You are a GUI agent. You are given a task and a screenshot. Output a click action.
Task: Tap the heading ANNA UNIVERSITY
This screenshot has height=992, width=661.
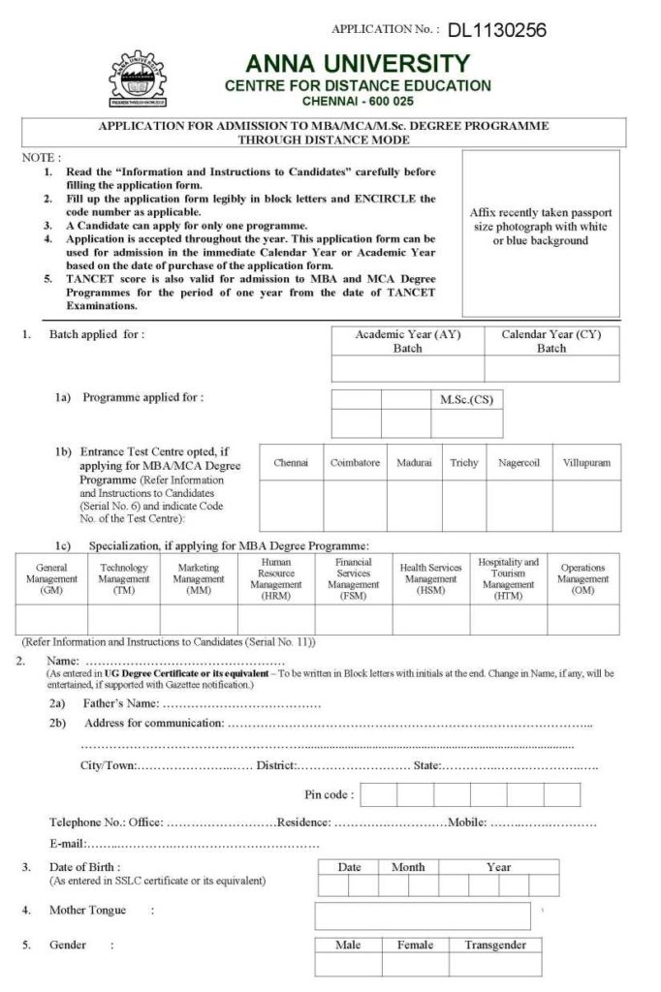pyautogui.click(x=358, y=64)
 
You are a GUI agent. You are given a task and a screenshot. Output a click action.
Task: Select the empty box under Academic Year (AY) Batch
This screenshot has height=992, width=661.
pyautogui.click(x=407, y=369)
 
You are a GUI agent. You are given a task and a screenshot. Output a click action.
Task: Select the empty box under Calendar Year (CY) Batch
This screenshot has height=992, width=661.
pyautogui.click(x=551, y=369)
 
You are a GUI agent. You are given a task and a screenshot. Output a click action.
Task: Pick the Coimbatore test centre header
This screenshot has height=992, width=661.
pyautogui.click(x=355, y=463)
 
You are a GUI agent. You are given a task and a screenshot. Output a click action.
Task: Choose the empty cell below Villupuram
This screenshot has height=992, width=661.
pyautogui.click(x=586, y=505)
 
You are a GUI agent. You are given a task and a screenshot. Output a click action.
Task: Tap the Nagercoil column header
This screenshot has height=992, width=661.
pyautogui.click(x=519, y=463)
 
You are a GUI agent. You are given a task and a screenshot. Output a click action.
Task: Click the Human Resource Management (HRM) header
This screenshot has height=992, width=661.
pyautogui.click(x=276, y=578)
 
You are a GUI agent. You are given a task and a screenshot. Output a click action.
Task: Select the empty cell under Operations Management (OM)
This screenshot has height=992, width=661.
pyautogui.click(x=582, y=620)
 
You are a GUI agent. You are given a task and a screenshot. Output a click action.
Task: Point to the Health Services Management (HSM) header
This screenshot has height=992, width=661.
pyautogui.click(x=431, y=578)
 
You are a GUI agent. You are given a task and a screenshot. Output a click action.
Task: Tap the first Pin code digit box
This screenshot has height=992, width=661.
pyautogui.click(x=380, y=794)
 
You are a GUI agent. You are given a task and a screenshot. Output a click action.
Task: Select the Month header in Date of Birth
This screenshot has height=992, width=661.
pyautogui.click(x=408, y=867)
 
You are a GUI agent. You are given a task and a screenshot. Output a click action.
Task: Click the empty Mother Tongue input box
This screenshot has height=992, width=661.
pyautogui.click(x=422, y=915)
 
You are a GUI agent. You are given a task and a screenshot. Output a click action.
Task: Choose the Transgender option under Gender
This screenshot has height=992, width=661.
pyautogui.click(x=495, y=945)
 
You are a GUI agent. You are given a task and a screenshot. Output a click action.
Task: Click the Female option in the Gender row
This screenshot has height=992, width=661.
pyautogui.click(x=415, y=945)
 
